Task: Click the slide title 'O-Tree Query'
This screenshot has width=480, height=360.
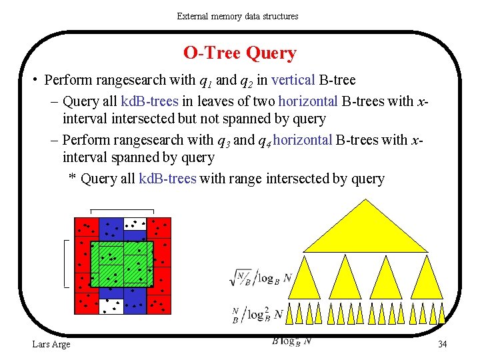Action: [239, 53]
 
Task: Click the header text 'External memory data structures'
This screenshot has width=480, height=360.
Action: [238, 15]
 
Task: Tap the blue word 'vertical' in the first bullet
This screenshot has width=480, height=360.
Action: [293, 81]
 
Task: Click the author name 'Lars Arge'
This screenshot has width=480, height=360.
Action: [51, 344]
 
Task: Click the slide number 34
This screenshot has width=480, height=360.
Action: [442, 344]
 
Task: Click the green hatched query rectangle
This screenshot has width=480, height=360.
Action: [122, 264]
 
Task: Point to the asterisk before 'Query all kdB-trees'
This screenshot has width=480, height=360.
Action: [73, 178]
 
